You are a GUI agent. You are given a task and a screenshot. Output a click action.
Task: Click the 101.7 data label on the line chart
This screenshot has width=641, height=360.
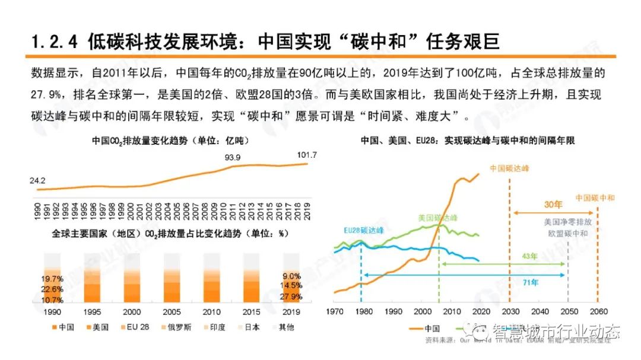point(307,155)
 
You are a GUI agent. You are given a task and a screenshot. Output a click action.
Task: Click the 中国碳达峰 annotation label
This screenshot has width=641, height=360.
point(509,168)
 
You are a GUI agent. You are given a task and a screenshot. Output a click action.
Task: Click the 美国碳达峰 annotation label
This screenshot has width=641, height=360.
point(438,218)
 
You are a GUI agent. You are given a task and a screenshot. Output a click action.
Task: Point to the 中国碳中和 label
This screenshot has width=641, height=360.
point(595,197)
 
